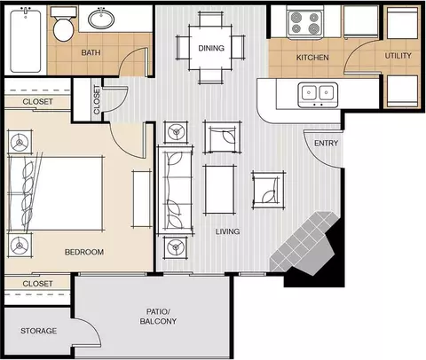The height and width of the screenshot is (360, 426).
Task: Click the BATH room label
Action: [x=91, y=52]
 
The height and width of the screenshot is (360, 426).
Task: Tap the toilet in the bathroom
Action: [x=63, y=25]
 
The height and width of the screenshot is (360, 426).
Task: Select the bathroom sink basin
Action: [x=101, y=19]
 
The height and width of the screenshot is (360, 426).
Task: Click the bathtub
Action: [x=26, y=41]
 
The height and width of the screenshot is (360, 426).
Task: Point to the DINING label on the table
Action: [x=211, y=48]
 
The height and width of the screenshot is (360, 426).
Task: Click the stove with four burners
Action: [x=305, y=23]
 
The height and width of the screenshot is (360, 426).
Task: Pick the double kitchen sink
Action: [x=318, y=95]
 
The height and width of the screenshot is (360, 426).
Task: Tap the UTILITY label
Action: [x=398, y=56]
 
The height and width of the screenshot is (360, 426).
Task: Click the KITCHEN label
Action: [x=312, y=58]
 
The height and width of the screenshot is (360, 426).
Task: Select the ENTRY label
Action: [x=326, y=144]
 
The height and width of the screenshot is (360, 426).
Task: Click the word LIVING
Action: [x=227, y=231]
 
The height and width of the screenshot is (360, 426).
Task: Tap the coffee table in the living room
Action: [x=220, y=190]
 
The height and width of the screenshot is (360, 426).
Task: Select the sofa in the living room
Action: [x=176, y=190]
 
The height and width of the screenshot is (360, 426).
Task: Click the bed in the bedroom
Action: [x=56, y=193]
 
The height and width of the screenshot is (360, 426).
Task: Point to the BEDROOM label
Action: [x=84, y=252]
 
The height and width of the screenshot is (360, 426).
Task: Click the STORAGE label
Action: [x=38, y=331]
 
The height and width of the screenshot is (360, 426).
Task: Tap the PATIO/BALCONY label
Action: [x=158, y=317]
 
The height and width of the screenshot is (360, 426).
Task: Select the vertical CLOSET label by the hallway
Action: [x=97, y=99]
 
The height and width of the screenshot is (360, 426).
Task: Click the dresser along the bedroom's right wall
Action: [x=142, y=199]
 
